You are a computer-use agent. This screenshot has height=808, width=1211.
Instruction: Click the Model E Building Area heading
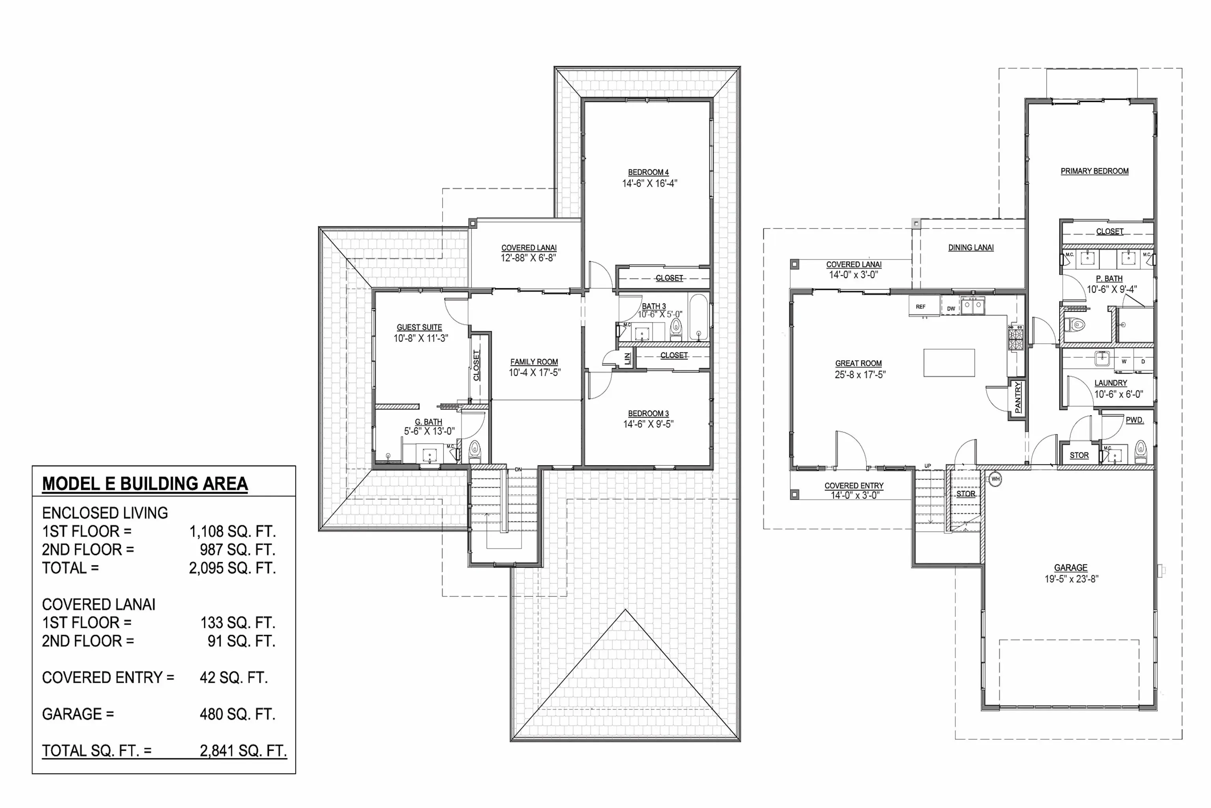click(145, 483)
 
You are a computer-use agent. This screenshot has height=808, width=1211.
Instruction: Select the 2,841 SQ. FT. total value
click(243, 750)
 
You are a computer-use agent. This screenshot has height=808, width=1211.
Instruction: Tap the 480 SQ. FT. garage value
click(237, 714)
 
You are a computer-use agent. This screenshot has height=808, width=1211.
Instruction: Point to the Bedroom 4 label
click(648, 172)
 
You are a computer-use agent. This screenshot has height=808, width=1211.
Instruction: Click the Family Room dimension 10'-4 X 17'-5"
click(535, 372)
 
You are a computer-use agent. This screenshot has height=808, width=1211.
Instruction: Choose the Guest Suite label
click(419, 327)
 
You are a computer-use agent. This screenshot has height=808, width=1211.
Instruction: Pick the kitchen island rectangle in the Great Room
click(949, 363)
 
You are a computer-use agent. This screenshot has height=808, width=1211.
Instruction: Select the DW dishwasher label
click(950, 309)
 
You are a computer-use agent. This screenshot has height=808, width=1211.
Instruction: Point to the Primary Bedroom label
click(1094, 171)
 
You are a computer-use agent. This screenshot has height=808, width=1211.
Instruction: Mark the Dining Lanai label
click(971, 247)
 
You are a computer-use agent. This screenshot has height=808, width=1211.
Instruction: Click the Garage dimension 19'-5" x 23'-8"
click(1071, 579)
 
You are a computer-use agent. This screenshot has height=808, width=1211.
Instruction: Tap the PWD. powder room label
click(1134, 420)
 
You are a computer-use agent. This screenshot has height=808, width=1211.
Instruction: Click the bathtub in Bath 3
click(698, 316)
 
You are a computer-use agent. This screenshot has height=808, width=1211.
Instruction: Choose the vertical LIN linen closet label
click(627, 359)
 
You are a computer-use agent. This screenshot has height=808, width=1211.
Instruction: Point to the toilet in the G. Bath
click(475, 451)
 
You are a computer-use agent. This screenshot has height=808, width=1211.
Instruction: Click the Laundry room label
click(1110, 383)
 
